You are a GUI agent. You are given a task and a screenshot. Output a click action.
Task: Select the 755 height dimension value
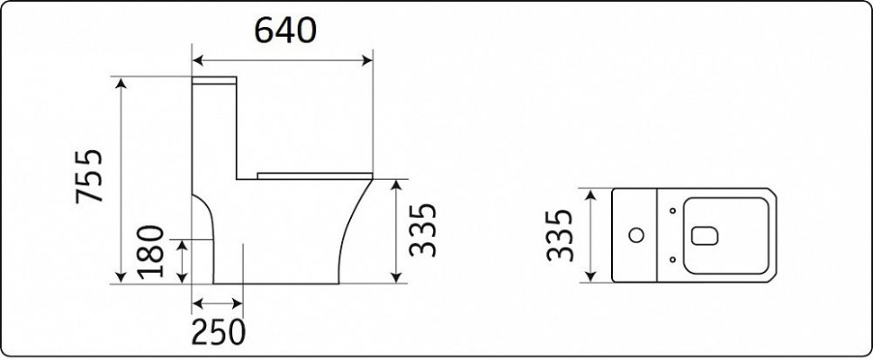tap(90, 175)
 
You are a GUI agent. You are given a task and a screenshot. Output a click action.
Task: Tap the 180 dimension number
tap(150, 251)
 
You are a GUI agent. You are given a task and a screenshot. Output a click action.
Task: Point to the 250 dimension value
tap(218, 333)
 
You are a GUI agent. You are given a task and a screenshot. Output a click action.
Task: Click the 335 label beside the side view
tap(423, 229)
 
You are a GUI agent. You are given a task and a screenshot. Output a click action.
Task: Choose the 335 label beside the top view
tap(560, 235)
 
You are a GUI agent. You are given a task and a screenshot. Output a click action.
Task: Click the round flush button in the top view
tap(635, 236)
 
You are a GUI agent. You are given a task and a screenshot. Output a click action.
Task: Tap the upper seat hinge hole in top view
tap(672, 211)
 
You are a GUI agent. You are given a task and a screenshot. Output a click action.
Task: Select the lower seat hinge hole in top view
tap(672, 259)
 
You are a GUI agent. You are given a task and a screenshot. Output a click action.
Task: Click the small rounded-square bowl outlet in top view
tap(705, 236)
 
